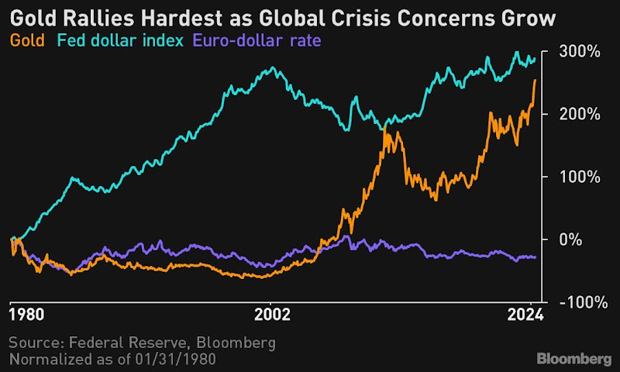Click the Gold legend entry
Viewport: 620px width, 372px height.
(x=27, y=40)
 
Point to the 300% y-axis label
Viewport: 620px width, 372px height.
(x=577, y=52)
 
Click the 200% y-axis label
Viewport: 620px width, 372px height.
(x=577, y=114)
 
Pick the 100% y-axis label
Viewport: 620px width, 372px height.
(x=577, y=177)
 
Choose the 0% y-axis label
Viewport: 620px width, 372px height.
(x=570, y=239)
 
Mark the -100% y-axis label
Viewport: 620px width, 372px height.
(x=578, y=301)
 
